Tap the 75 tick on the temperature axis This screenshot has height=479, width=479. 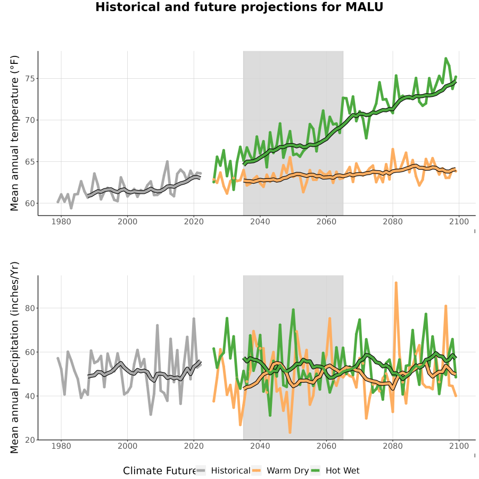tap(29, 79)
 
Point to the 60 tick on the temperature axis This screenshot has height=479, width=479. tap(29, 203)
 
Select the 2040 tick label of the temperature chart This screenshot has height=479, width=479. tap(260, 221)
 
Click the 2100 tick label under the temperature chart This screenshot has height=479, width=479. tap(459, 221)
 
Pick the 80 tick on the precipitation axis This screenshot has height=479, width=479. tap(29, 308)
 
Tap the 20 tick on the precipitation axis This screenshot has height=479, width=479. tap(29, 440)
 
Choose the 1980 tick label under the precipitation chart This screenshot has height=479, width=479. tap(61, 446)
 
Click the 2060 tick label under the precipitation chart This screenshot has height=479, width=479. tap(326, 446)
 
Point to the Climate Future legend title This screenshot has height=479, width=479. tap(160, 470)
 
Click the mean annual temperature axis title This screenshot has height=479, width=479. tap(14, 133)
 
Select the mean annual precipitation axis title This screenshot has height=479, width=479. tap(14, 358)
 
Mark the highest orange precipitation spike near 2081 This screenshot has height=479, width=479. tap(396, 283)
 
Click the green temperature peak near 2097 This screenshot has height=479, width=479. tap(445, 59)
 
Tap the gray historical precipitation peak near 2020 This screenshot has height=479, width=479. tap(194, 319)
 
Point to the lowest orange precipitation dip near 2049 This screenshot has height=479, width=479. tap(290, 432)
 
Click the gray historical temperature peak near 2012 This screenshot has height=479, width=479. tap(167, 161)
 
